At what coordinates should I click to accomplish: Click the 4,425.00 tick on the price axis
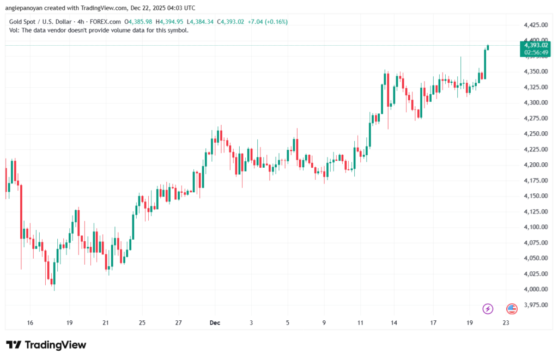point(535,25)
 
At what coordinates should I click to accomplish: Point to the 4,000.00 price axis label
point(535,289)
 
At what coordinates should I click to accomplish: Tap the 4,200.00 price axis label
point(535,165)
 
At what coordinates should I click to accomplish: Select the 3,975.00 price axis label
point(535,305)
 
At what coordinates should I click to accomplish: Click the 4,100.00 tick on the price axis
point(535,227)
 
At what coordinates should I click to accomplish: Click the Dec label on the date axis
point(215,323)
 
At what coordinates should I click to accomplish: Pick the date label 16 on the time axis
point(30,323)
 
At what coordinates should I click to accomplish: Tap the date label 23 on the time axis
point(506,323)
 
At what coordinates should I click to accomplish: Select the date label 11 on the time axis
point(360,323)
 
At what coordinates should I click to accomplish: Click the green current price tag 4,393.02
point(535,46)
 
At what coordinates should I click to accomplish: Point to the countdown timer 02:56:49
point(535,53)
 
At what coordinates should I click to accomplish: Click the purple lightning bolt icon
point(488,309)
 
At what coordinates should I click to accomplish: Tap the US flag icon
point(512,309)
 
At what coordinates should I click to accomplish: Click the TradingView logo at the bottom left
point(46,345)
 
